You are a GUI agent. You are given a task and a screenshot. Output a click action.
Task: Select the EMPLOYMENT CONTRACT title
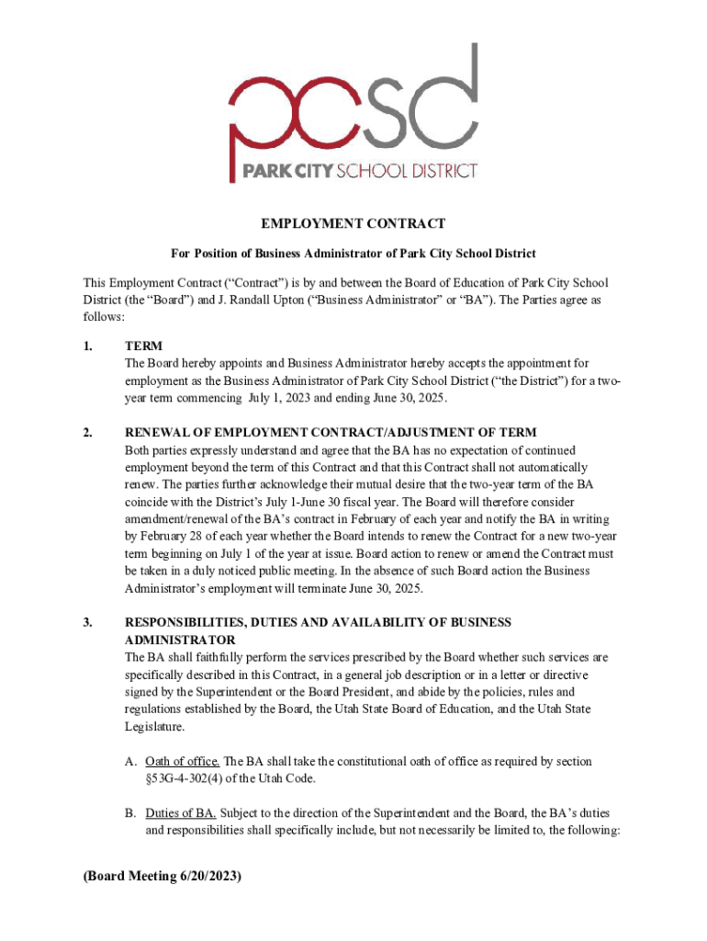click(x=353, y=224)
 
